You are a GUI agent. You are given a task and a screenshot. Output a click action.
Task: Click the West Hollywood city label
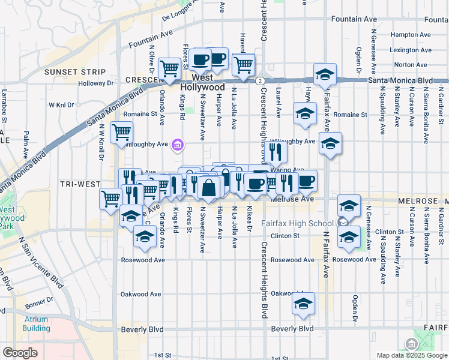(x=207, y=83)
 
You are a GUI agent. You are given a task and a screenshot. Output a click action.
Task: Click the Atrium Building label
(x=36, y=324)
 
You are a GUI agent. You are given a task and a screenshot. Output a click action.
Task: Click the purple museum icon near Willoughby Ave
(x=178, y=145)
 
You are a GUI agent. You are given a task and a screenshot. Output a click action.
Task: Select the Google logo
(x=20, y=353)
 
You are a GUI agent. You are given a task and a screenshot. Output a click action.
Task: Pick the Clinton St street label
(x=285, y=236)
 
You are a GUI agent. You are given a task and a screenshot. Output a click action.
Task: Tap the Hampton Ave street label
(x=411, y=35)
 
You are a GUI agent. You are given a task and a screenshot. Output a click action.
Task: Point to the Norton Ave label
(x=411, y=65)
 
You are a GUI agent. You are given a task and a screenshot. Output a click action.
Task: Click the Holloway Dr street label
(x=96, y=83)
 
